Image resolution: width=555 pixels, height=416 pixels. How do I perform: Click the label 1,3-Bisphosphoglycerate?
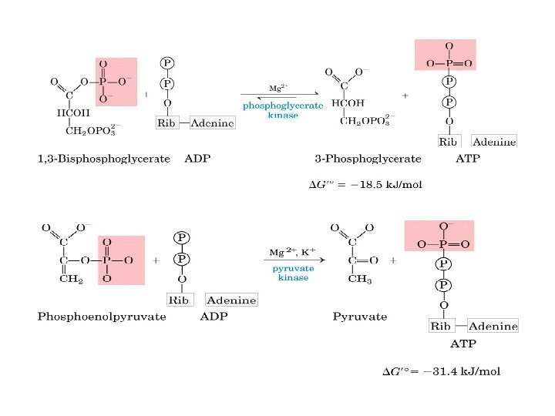tap(99, 159)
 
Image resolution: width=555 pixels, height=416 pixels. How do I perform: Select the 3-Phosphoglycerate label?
tap(368, 159)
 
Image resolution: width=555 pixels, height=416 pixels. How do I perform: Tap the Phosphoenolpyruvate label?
tap(102, 316)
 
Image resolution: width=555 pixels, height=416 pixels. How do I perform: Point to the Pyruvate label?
tap(360, 316)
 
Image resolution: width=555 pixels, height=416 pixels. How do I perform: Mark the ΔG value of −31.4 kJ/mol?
tap(442, 371)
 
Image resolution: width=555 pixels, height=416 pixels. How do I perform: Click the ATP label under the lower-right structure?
tap(462, 344)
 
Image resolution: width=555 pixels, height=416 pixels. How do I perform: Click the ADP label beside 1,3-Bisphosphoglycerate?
tap(197, 159)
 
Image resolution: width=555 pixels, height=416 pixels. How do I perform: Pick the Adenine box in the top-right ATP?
tap(494, 142)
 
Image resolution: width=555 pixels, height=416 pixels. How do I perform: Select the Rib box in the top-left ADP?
tap(167, 123)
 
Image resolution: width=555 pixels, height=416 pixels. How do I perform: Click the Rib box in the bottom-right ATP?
tap(440, 326)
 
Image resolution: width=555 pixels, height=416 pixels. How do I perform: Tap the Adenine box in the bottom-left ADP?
tap(232, 299)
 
